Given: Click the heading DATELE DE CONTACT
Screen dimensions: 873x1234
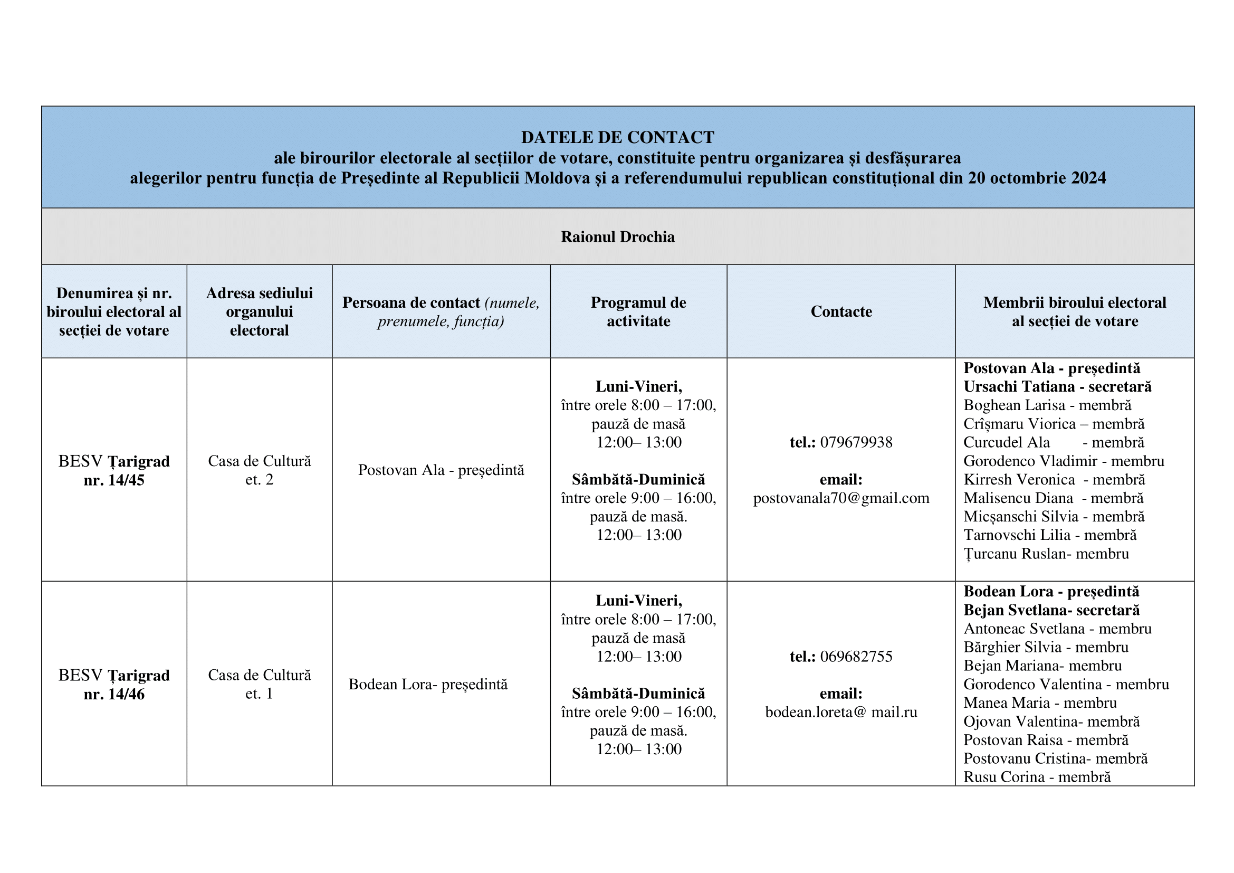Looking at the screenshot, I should tap(618, 138).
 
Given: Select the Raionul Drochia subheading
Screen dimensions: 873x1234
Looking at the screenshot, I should tap(618, 237).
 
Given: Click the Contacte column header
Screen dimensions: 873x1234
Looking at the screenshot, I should tap(841, 312).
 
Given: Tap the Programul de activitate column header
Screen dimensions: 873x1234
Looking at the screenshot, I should tap(638, 312).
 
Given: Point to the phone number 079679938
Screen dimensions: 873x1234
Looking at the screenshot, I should tap(856, 442).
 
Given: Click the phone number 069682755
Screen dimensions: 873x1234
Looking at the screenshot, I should tap(856, 657).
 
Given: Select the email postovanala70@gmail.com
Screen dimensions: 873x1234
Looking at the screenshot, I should tap(841, 498).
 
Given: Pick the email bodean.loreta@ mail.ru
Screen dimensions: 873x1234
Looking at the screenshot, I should tap(841, 712).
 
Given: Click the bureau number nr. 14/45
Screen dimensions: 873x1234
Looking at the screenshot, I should tap(114, 480).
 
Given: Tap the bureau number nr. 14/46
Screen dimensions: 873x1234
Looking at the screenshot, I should tap(114, 694).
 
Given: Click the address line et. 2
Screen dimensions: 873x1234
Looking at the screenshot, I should tap(259, 479).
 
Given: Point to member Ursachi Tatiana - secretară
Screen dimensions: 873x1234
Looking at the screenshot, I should tap(1057, 387).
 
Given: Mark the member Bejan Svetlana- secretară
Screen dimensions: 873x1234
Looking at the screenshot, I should tap(1051, 611).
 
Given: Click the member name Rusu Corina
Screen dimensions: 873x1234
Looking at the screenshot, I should tap(1003, 777).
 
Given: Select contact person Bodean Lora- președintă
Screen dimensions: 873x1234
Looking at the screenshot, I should tap(428, 685).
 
